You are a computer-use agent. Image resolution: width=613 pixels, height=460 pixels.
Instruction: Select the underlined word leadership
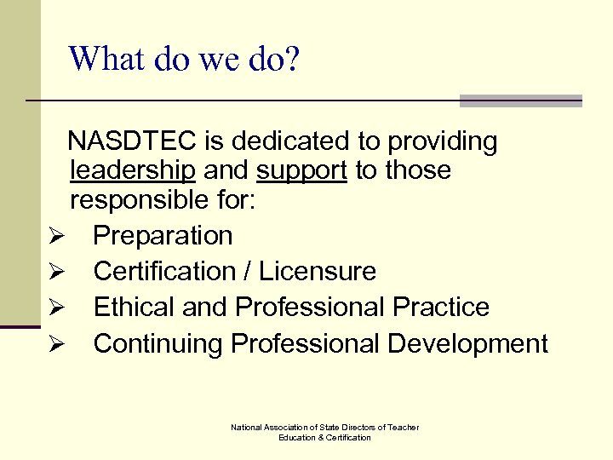(x=134, y=170)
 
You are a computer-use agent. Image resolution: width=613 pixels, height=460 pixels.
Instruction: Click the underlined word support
(x=301, y=170)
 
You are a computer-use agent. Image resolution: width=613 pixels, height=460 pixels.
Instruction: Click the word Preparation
(x=163, y=235)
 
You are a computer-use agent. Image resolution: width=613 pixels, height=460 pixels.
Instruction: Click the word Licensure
(x=318, y=271)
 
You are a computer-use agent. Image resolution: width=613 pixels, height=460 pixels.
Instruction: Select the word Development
(x=467, y=343)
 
